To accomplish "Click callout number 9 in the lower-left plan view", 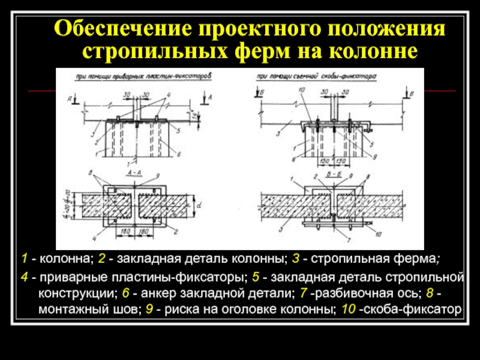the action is (157, 176).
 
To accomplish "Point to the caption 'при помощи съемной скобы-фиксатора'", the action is (316, 77).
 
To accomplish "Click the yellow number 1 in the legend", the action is (23, 259).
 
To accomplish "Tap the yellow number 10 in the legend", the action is (347, 310).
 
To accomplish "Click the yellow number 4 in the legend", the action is (23, 278).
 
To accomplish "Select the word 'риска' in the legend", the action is (179, 310).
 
